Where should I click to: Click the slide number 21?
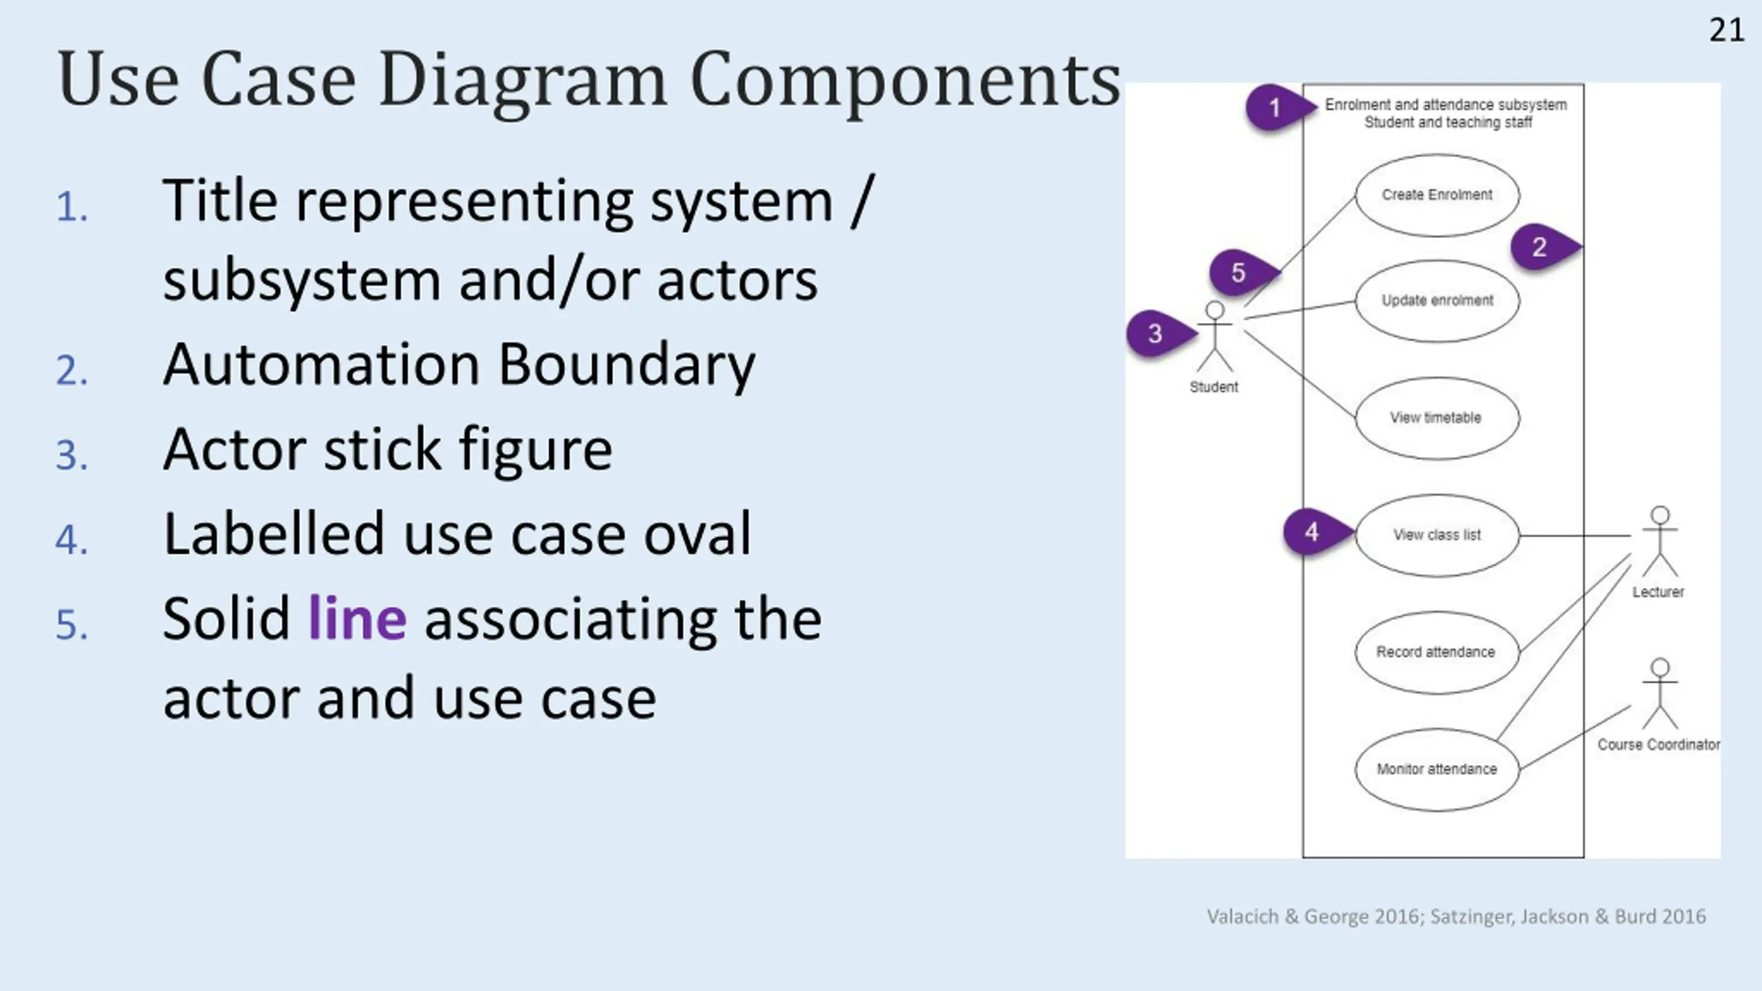(1726, 30)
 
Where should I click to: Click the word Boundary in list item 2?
(626, 365)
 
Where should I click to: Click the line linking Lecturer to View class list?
(1575, 535)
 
